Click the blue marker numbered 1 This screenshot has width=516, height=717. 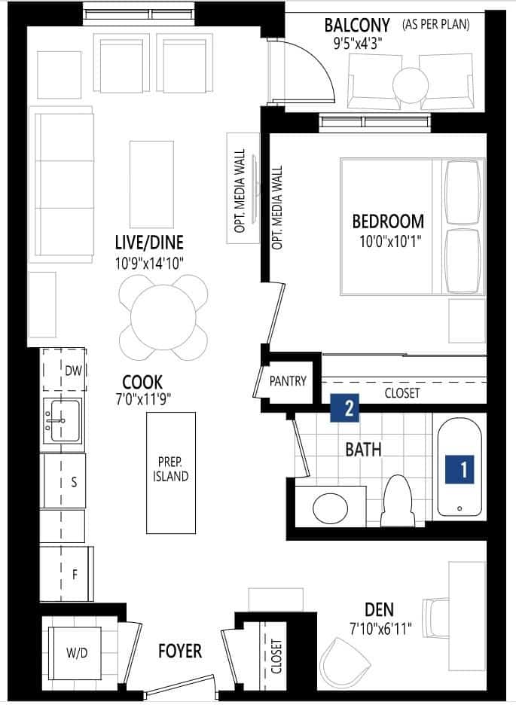tap(460, 469)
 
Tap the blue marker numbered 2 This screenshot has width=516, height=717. tap(345, 407)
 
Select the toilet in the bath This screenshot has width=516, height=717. tap(397, 501)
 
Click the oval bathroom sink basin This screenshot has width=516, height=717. tap(330, 508)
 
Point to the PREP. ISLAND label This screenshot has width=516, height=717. tap(171, 469)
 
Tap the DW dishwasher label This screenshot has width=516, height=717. tap(73, 371)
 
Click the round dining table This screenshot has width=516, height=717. tap(163, 317)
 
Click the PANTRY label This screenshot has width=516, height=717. tap(288, 381)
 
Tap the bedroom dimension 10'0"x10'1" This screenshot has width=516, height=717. tap(390, 241)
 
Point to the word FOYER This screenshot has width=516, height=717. tap(180, 651)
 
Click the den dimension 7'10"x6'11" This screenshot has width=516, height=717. tap(380, 629)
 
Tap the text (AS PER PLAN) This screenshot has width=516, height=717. tap(436, 24)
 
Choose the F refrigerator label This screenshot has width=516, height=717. tap(75, 574)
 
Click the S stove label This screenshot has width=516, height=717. tap(74, 481)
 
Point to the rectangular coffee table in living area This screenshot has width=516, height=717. tap(152, 185)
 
